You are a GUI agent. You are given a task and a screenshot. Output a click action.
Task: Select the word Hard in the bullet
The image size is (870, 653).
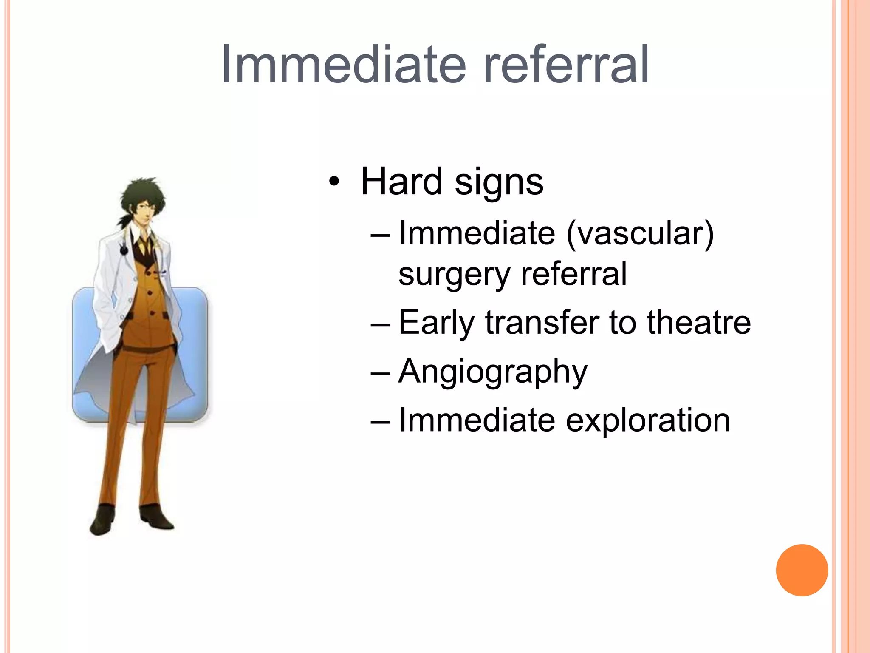401,182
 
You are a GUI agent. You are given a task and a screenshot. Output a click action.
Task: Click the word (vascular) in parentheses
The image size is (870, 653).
641,234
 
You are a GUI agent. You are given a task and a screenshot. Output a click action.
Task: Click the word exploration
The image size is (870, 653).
647,420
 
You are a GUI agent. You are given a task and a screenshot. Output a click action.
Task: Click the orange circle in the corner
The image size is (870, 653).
802,570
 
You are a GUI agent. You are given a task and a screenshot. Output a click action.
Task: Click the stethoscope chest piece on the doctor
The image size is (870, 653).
124,250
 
